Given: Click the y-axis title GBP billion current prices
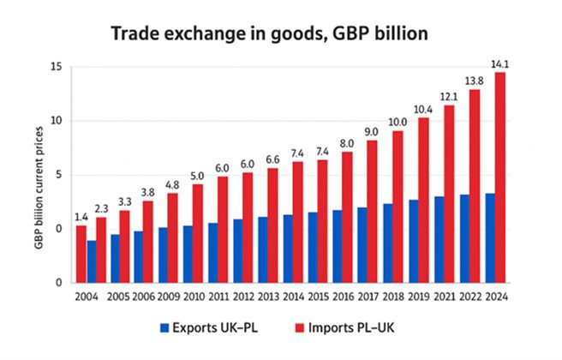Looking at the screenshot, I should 40,174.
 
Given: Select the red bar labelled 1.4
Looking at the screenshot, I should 81,254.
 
